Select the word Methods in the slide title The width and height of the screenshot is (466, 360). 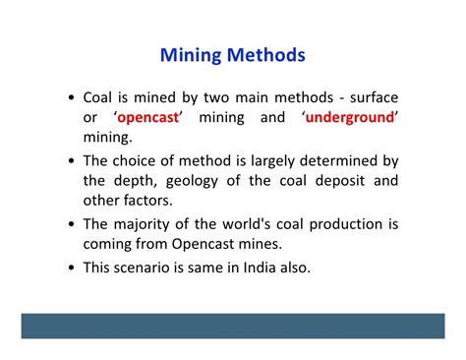[x=266, y=56]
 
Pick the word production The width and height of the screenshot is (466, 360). [x=339, y=224]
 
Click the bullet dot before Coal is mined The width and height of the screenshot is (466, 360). [x=73, y=100]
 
